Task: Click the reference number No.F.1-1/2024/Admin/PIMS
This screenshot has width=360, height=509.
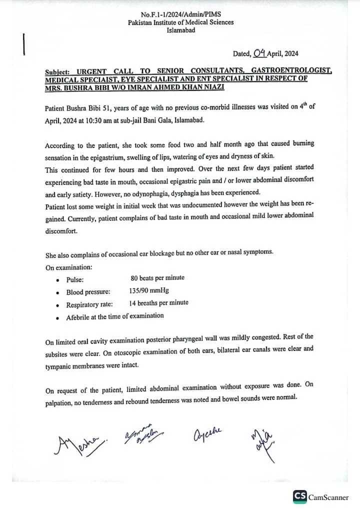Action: (180, 14)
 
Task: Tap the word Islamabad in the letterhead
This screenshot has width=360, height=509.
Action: (180, 30)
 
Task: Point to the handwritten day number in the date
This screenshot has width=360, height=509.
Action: (259, 52)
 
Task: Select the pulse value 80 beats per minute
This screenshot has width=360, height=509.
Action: (157, 278)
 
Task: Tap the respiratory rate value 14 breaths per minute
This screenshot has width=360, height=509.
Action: (158, 303)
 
